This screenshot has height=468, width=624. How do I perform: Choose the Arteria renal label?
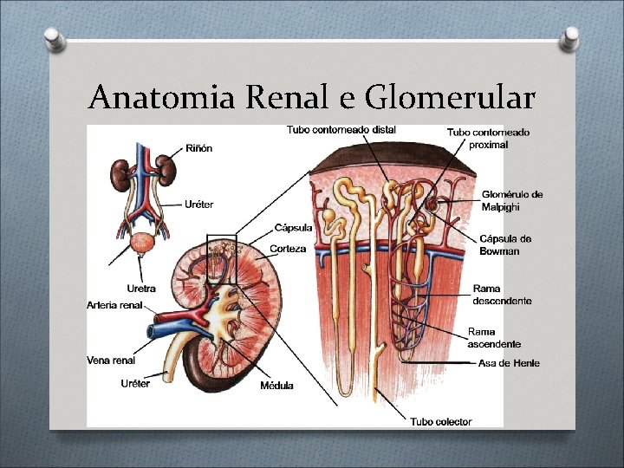click(x=114, y=305)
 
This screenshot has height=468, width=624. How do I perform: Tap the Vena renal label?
click(x=111, y=360)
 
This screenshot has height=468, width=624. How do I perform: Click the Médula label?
click(x=276, y=385)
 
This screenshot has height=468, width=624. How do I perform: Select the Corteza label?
click(x=287, y=249)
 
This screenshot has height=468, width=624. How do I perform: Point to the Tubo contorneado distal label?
click(x=341, y=130)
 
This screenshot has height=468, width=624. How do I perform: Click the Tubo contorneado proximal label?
click(x=489, y=139)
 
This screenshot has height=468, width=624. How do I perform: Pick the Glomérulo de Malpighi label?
click(x=511, y=200)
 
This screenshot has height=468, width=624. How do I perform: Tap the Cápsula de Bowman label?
click(x=505, y=244)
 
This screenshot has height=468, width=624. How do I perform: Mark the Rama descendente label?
click(x=502, y=295)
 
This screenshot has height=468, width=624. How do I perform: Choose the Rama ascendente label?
click(x=494, y=337)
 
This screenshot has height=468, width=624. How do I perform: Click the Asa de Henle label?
click(x=509, y=362)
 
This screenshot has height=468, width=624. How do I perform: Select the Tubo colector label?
click(x=441, y=421)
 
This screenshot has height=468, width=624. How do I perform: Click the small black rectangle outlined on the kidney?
click(x=221, y=258)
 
